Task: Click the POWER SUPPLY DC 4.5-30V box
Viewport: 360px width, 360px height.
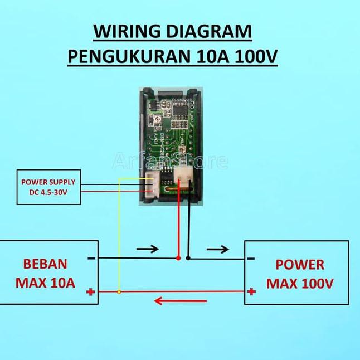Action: [48, 187]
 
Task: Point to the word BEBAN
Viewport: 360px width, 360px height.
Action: [45, 264]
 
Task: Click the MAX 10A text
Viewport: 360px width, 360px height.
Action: [45, 283]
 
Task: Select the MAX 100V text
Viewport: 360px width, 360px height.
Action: [299, 284]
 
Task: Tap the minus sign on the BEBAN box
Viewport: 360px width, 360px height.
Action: [91, 258]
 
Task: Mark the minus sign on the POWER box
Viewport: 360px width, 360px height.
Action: [251, 259]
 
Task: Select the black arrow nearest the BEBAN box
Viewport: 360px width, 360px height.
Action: [147, 249]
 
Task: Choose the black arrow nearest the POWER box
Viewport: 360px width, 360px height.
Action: [218, 249]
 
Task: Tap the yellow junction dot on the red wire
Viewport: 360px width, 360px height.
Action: [119, 291]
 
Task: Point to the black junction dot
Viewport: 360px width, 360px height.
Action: [188, 259]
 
